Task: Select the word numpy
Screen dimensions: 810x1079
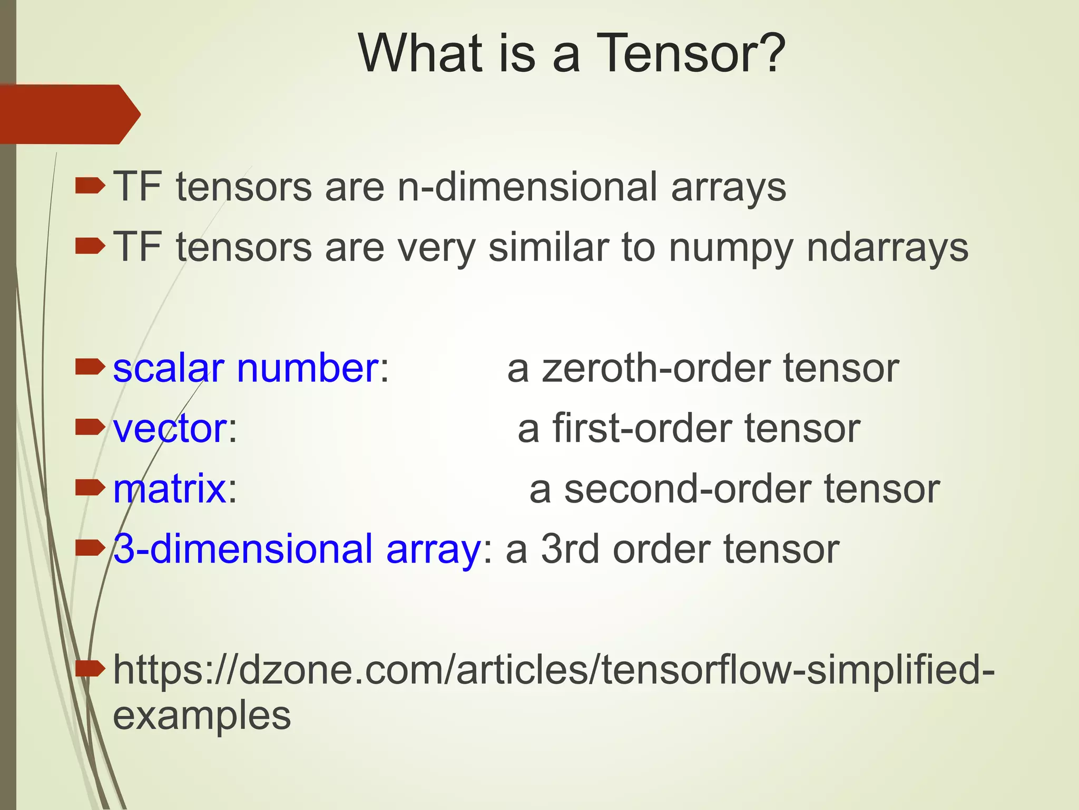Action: point(731,248)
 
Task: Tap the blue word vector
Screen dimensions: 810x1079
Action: point(170,428)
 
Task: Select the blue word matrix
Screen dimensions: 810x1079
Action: point(170,489)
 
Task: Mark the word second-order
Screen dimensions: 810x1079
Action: point(688,489)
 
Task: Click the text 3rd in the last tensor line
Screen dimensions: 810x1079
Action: point(571,549)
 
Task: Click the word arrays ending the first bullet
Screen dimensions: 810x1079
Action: point(729,188)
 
